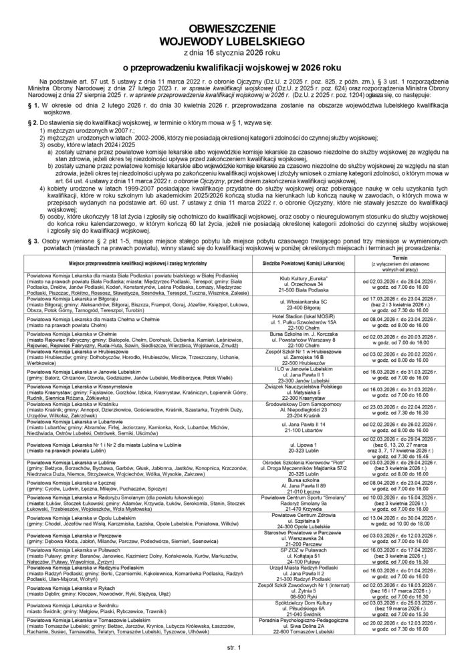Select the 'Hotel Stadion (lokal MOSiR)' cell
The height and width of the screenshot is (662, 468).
click(306, 316)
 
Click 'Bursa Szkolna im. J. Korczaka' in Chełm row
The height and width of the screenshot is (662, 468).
click(306, 332)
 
